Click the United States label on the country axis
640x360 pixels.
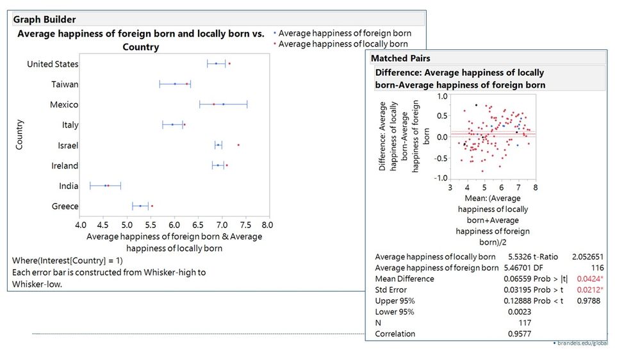coord(53,64)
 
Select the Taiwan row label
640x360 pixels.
coord(65,85)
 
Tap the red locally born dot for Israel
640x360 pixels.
coord(238,145)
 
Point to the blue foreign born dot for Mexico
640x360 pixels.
coord(223,104)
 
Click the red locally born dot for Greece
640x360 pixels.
coord(152,206)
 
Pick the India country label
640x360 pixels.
coord(68,186)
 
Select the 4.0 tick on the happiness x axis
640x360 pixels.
coord(81,225)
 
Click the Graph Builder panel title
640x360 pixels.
coord(45,19)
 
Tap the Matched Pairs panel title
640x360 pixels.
coord(401,58)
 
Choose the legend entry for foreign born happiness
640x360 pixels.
coord(345,33)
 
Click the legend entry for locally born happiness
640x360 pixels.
coord(343,44)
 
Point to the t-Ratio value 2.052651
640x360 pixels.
coord(587,256)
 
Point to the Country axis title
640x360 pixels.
coord(20,135)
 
